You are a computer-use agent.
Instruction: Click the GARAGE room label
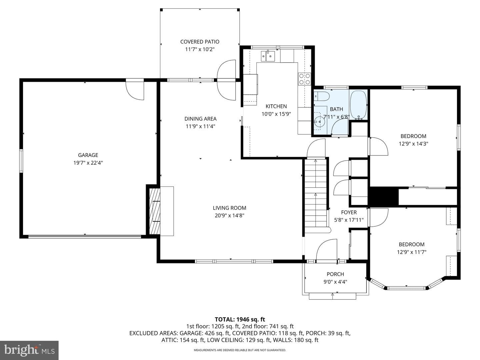(x=88, y=155)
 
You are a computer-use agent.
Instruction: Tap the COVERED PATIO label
(x=200, y=42)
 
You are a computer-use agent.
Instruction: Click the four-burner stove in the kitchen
(x=304, y=79)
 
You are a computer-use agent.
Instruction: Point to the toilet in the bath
(x=322, y=96)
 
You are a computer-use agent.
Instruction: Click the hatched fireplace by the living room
(x=155, y=211)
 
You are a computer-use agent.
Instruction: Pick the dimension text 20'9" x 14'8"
(x=229, y=216)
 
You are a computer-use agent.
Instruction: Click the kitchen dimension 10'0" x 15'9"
(x=276, y=114)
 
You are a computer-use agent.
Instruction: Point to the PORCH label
(x=335, y=274)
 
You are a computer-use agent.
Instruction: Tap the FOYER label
(x=349, y=212)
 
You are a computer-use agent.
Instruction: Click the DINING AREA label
(x=200, y=119)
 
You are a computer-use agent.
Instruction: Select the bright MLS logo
(x=29, y=350)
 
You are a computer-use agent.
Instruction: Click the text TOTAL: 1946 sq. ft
(x=240, y=319)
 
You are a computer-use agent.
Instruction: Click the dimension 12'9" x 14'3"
(x=413, y=144)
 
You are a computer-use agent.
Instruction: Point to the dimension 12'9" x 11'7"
(x=412, y=252)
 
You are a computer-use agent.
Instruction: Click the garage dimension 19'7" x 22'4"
(x=88, y=163)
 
